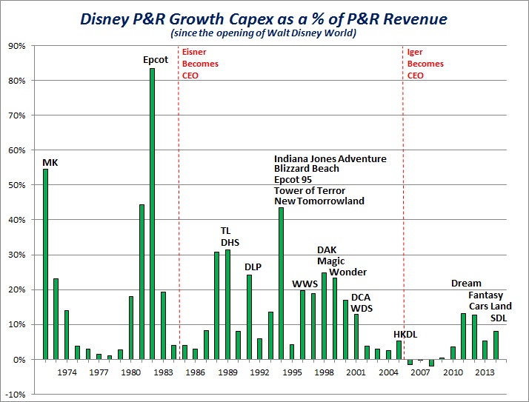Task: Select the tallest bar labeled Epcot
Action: (152, 214)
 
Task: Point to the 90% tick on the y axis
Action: (17, 46)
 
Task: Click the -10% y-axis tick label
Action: (16, 395)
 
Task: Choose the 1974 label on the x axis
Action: (67, 372)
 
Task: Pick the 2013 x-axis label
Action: (485, 372)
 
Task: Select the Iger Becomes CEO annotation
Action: (425, 64)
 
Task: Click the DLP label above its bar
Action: (253, 267)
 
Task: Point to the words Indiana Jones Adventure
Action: (330, 158)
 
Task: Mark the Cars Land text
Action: (490, 306)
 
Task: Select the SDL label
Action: (501, 318)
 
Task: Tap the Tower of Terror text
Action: (310, 190)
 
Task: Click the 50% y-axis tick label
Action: (17, 185)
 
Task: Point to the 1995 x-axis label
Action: (292, 372)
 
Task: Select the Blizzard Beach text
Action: (307, 169)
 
